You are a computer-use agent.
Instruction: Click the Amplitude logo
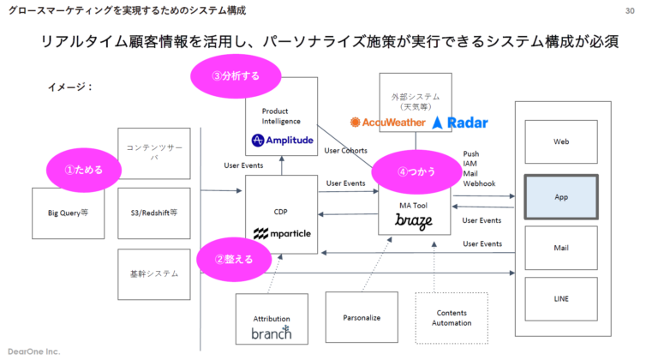pyautogui.click(x=282, y=140)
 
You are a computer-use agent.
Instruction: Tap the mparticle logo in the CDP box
pyautogui.click(x=282, y=232)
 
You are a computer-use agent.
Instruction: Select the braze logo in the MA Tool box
pyautogui.click(x=414, y=221)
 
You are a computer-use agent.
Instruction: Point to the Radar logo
pyautogui.click(x=460, y=123)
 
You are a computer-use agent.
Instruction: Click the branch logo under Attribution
pyautogui.click(x=271, y=333)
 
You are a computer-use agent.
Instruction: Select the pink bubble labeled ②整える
pyautogui.click(x=232, y=258)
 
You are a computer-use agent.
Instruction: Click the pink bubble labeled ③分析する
pyautogui.click(x=235, y=75)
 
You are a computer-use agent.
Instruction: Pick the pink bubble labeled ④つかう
pyautogui.click(x=414, y=171)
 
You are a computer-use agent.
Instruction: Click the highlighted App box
pyautogui.click(x=561, y=196)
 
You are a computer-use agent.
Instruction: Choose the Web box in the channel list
pyautogui.click(x=561, y=141)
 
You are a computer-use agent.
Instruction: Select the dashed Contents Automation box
pyautogui.click(x=452, y=318)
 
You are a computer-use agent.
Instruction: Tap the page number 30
pyautogui.click(x=630, y=10)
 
